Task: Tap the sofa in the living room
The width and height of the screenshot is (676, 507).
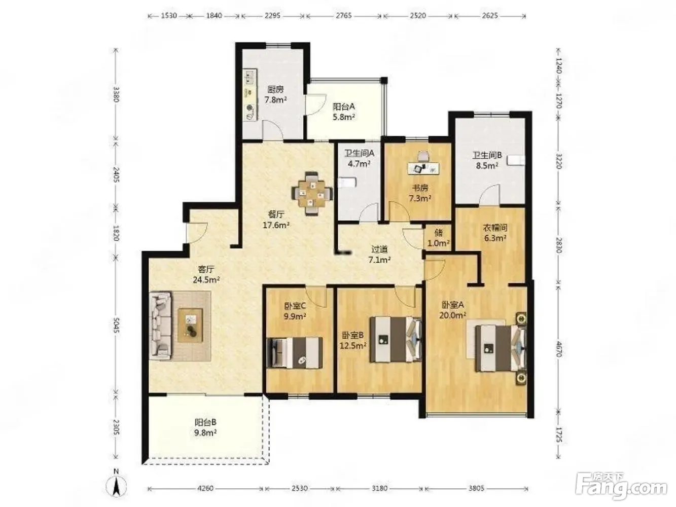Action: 160,325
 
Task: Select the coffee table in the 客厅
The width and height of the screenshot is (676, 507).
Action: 190,325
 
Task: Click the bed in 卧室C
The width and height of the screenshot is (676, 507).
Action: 295,353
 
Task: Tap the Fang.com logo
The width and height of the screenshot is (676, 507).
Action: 621,487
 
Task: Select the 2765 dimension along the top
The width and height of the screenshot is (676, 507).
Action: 344,16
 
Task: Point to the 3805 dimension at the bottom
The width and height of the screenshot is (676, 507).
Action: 476,488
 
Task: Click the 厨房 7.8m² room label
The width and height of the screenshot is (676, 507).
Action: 276,94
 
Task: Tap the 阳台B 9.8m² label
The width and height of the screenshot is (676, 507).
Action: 206,427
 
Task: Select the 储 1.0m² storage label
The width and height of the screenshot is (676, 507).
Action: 439,237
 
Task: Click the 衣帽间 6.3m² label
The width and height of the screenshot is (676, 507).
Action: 494,233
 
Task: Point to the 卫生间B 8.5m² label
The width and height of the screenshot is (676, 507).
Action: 487,160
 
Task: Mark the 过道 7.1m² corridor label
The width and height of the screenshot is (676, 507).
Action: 379,255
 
